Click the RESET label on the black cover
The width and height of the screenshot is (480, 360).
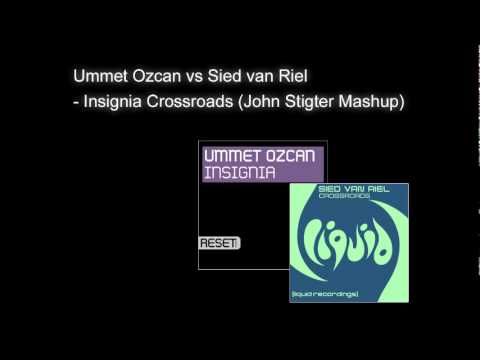click(x=219, y=242)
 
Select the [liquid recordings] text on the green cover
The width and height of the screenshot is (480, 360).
click(x=351, y=291)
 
